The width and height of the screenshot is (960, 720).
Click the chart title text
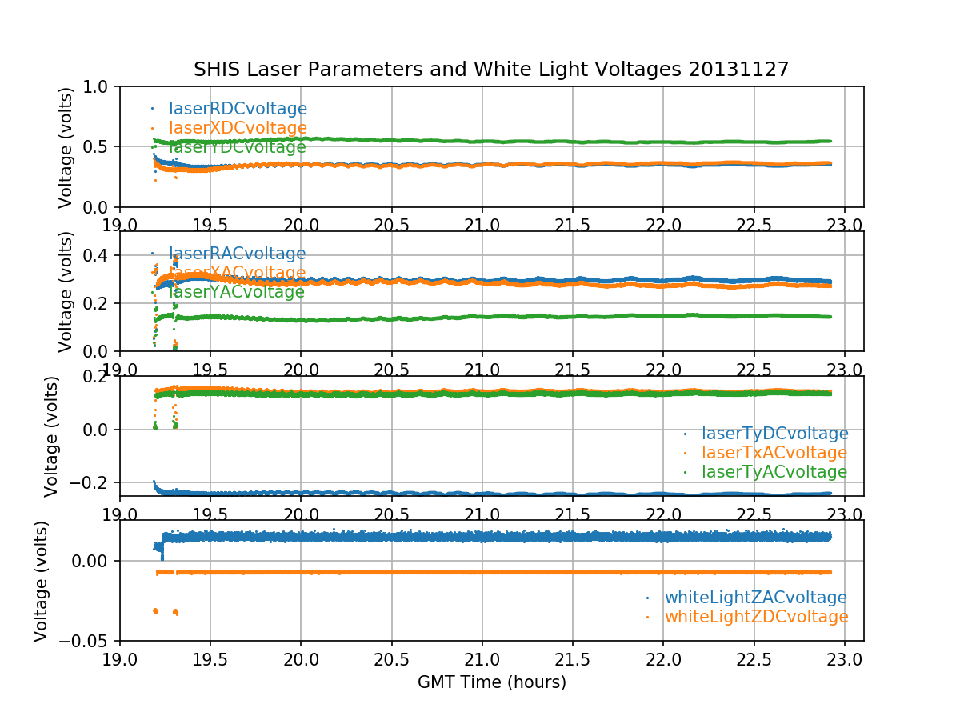(x=491, y=70)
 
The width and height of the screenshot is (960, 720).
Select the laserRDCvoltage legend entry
(x=238, y=109)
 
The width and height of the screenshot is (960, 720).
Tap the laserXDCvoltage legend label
(x=238, y=128)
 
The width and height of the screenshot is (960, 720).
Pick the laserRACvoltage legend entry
(x=237, y=254)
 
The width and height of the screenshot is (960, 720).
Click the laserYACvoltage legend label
(x=237, y=292)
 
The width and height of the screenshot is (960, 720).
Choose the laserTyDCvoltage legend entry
(x=774, y=434)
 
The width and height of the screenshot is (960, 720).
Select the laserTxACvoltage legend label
(x=774, y=453)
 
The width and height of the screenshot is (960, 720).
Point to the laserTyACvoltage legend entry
(x=774, y=472)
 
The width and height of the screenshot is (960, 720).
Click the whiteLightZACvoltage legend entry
(x=755, y=598)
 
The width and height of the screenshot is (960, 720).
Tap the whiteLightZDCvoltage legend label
(x=756, y=617)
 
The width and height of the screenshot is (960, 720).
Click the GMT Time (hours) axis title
(x=491, y=682)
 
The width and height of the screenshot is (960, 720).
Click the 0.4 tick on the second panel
(x=101, y=255)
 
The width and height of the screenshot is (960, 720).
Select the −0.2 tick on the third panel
(x=94, y=482)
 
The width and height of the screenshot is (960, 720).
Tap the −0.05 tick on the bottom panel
(x=86, y=641)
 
